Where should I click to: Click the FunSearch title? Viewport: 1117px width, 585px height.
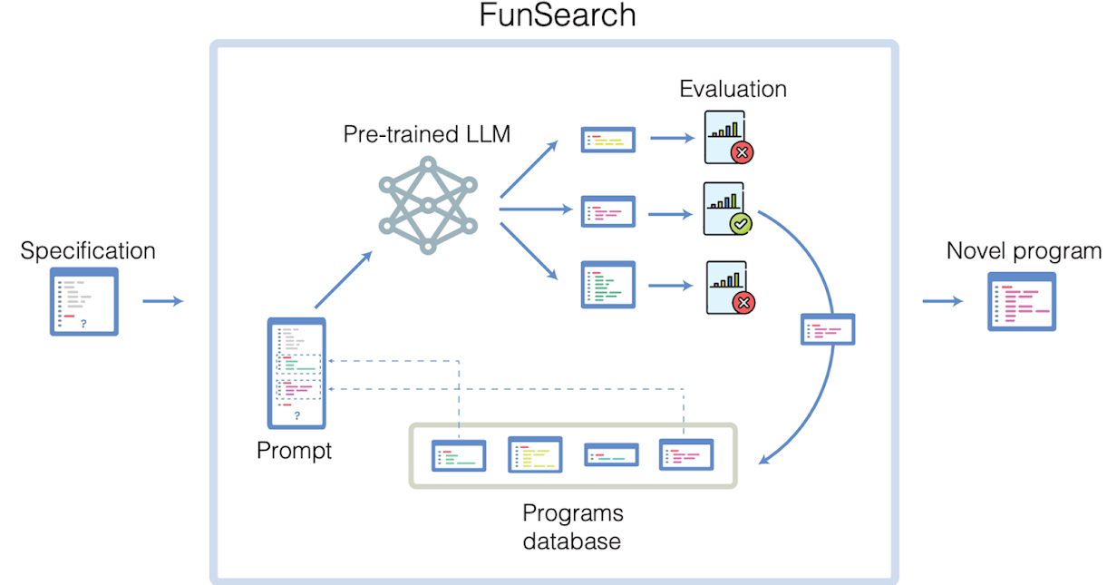[558, 15]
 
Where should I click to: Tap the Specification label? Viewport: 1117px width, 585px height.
[88, 250]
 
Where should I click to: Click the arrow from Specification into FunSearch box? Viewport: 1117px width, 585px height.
[163, 300]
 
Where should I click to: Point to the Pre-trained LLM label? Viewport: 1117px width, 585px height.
[427, 135]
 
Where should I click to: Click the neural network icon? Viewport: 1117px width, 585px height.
[427, 205]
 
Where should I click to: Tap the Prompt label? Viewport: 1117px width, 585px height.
[295, 450]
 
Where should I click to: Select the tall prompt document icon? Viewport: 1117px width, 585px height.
[296, 373]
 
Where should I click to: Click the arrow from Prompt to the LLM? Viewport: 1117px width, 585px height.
[343, 280]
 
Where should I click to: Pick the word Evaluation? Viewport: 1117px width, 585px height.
[733, 89]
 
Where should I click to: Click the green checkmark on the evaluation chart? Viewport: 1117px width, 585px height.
[740, 223]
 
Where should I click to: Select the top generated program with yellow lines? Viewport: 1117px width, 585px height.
[607, 140]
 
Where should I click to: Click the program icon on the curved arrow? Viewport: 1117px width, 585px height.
[828, 330]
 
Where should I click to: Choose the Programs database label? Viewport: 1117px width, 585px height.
[573, 526]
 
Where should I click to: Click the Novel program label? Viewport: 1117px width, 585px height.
[1024, 250]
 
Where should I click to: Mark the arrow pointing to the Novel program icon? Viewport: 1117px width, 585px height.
[943, 300]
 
